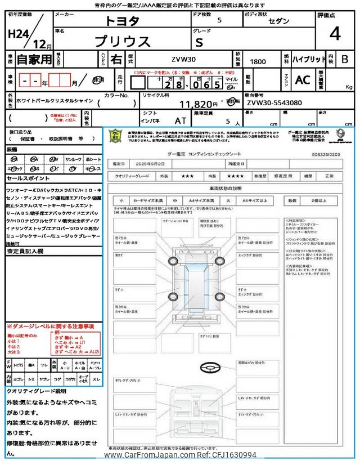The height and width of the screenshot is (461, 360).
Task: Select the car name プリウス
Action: tap(121, 41)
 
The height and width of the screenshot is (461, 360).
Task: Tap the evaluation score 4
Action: tap(335, 34)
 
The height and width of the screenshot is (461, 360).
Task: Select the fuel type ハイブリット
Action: tap(308, 59)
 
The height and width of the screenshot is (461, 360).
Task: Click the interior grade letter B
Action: tap(345, 59)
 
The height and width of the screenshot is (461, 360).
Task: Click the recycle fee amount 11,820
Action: tap(198, 104)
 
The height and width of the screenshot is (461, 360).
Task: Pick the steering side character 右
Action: tap(116, 59)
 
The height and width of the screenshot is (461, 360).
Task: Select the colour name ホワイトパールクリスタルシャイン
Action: tap(51, 104)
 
